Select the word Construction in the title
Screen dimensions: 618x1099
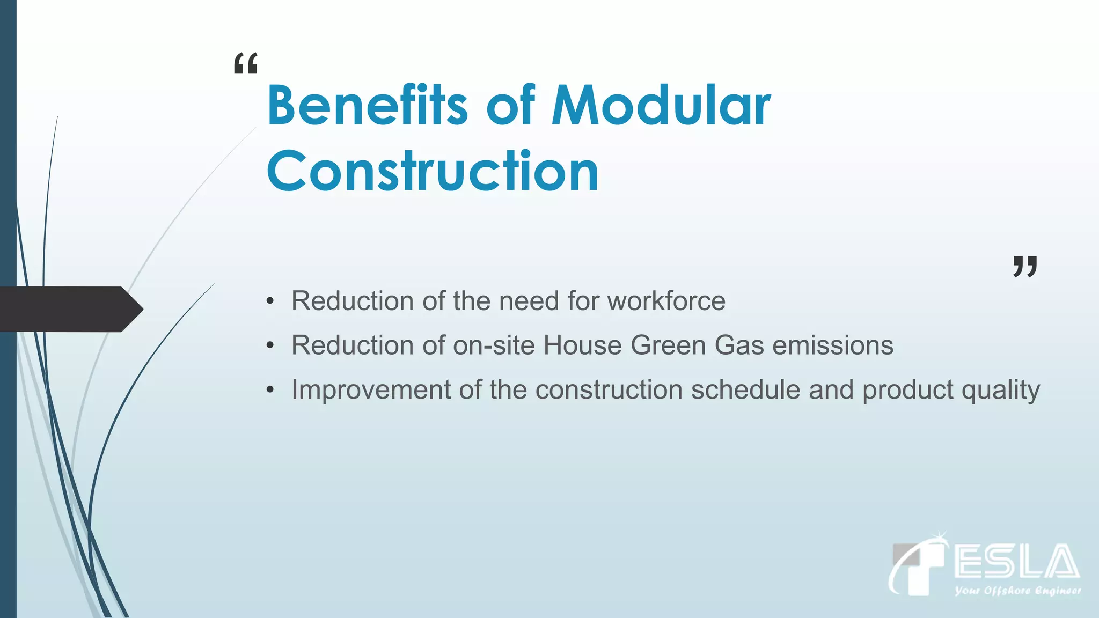pos(433,171)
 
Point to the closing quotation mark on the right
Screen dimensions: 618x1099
pos(1025,266)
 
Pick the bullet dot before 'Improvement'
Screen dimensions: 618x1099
pos(270,390)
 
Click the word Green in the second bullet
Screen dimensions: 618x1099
pos(668,345)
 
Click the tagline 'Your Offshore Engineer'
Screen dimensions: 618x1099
pos(1017,591)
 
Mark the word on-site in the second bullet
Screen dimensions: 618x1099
pos(494,345)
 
